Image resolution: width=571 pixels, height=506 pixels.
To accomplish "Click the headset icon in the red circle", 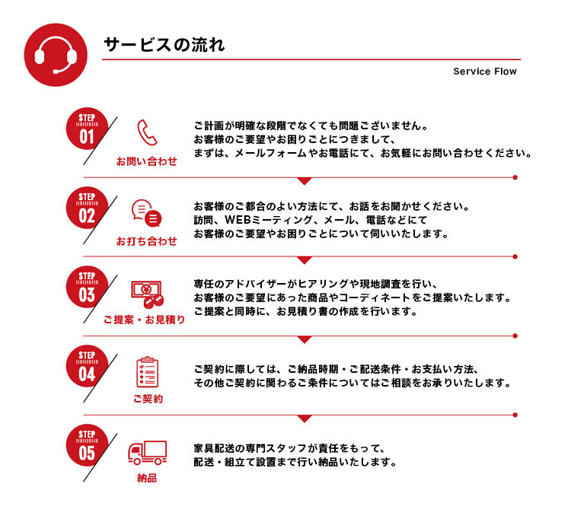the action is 56,55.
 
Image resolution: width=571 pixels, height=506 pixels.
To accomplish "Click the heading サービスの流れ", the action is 164,45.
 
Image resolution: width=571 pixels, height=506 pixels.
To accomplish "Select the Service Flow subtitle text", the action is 485,72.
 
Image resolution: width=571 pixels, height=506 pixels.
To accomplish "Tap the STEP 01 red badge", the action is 87,129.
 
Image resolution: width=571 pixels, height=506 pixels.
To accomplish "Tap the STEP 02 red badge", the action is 87,208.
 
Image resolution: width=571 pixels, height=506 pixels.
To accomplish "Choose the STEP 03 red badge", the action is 87,287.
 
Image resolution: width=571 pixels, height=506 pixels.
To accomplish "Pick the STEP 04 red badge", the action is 87,366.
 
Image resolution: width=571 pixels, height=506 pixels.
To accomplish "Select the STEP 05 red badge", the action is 87,445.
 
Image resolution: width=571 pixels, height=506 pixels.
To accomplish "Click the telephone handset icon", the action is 147,132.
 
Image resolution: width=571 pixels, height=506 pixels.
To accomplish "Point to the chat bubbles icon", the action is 146,213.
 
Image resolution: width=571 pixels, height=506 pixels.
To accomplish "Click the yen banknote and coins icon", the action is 147,294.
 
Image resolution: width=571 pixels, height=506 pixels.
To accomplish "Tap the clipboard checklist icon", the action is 147,371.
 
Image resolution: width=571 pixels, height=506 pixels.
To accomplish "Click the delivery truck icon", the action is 147,453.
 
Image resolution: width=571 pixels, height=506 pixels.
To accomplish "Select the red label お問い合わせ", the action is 147,161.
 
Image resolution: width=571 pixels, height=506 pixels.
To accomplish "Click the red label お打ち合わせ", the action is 147,240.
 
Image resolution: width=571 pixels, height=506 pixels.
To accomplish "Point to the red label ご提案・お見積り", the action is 144,320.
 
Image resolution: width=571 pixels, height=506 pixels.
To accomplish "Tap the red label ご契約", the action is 148,399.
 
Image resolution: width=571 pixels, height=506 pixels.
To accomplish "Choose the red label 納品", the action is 147,478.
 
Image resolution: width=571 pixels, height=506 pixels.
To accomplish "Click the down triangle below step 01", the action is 305,181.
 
